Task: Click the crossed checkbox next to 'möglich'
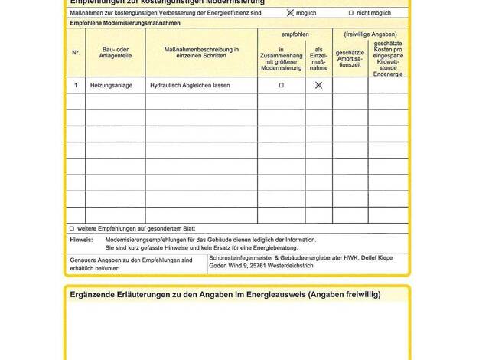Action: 290,13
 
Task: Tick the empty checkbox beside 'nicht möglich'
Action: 351,13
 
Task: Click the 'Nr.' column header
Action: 76,53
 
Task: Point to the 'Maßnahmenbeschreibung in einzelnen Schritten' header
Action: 201,53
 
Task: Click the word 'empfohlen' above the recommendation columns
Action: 295,34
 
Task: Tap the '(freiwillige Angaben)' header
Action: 370,34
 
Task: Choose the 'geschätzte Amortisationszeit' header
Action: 350,58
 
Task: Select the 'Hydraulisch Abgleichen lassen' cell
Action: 189,86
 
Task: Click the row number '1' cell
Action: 76,86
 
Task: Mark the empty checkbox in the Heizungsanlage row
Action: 281,86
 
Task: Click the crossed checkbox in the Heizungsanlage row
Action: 318,86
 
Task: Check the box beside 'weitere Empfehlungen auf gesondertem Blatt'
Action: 72,228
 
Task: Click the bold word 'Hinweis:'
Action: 81,240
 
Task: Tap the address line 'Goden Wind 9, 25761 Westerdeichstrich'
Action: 262,266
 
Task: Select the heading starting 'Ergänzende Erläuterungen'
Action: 225,294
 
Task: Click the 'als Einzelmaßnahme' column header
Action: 318,58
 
